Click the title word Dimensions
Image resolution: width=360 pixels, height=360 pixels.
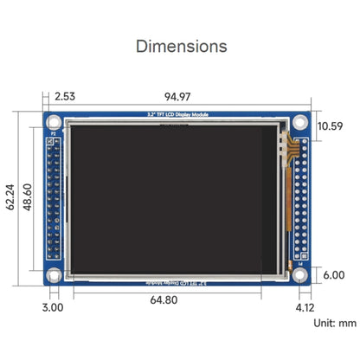click(x=181, y=46)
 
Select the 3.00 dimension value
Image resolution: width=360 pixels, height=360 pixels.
click(x=53, y=305)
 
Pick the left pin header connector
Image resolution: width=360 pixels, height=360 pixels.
click(x=54, y=200)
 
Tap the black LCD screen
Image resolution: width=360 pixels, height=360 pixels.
click(x=173, y=199)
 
